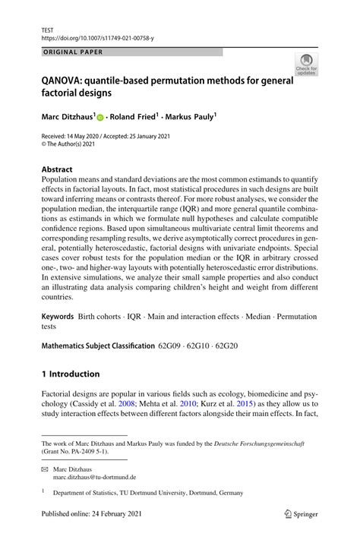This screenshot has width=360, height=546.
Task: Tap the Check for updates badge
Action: coord(307,65)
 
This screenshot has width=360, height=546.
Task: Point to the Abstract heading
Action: coord(57,169)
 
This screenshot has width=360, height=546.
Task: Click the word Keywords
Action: coord(58,315)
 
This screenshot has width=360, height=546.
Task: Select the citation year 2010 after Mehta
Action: coord(220,406)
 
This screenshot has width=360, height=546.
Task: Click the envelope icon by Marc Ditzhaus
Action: coord(45,469)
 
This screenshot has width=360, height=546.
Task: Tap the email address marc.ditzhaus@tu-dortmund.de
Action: coord(94,478)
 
